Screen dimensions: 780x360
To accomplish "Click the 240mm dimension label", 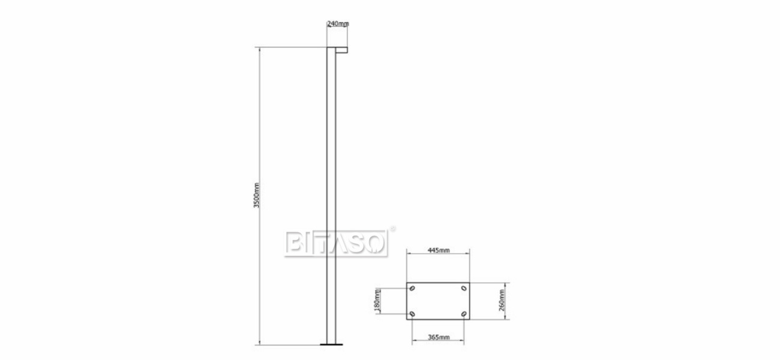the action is click(x=338, y=23).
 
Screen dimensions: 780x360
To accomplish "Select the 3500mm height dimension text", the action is click(x=256, y=196).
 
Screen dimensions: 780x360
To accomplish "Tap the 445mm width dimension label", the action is click(x=439, y=250).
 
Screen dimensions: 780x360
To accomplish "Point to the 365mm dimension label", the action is click(x=439, y=337).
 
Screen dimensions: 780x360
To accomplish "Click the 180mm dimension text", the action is click(x=377, y=301).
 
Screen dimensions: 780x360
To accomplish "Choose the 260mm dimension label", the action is click(x=502, y=300).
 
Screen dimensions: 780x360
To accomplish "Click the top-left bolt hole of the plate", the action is click(x=412, y=288).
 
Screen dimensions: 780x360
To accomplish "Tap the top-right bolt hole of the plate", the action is click(x=464, y=288).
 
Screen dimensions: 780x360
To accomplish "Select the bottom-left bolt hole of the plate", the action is click(x=412, y=314).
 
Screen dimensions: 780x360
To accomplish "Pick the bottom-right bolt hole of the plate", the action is click(x=464, y=314).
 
